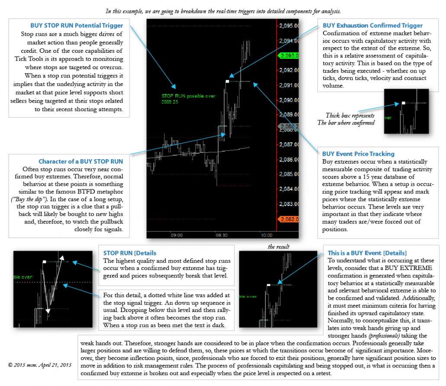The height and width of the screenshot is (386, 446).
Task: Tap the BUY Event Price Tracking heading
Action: tap(358, 153)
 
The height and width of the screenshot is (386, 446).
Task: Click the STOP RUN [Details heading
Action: tap(129, 253)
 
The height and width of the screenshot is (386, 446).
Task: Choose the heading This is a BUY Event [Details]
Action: tap(367, 253)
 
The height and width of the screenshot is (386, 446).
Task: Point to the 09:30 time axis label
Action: tap(221, 235)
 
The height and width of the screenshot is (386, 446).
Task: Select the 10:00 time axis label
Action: tap(266, 235)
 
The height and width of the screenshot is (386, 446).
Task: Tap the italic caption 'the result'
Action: tap(278, 247)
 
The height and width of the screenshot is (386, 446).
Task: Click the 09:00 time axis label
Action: tap(176, 235)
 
